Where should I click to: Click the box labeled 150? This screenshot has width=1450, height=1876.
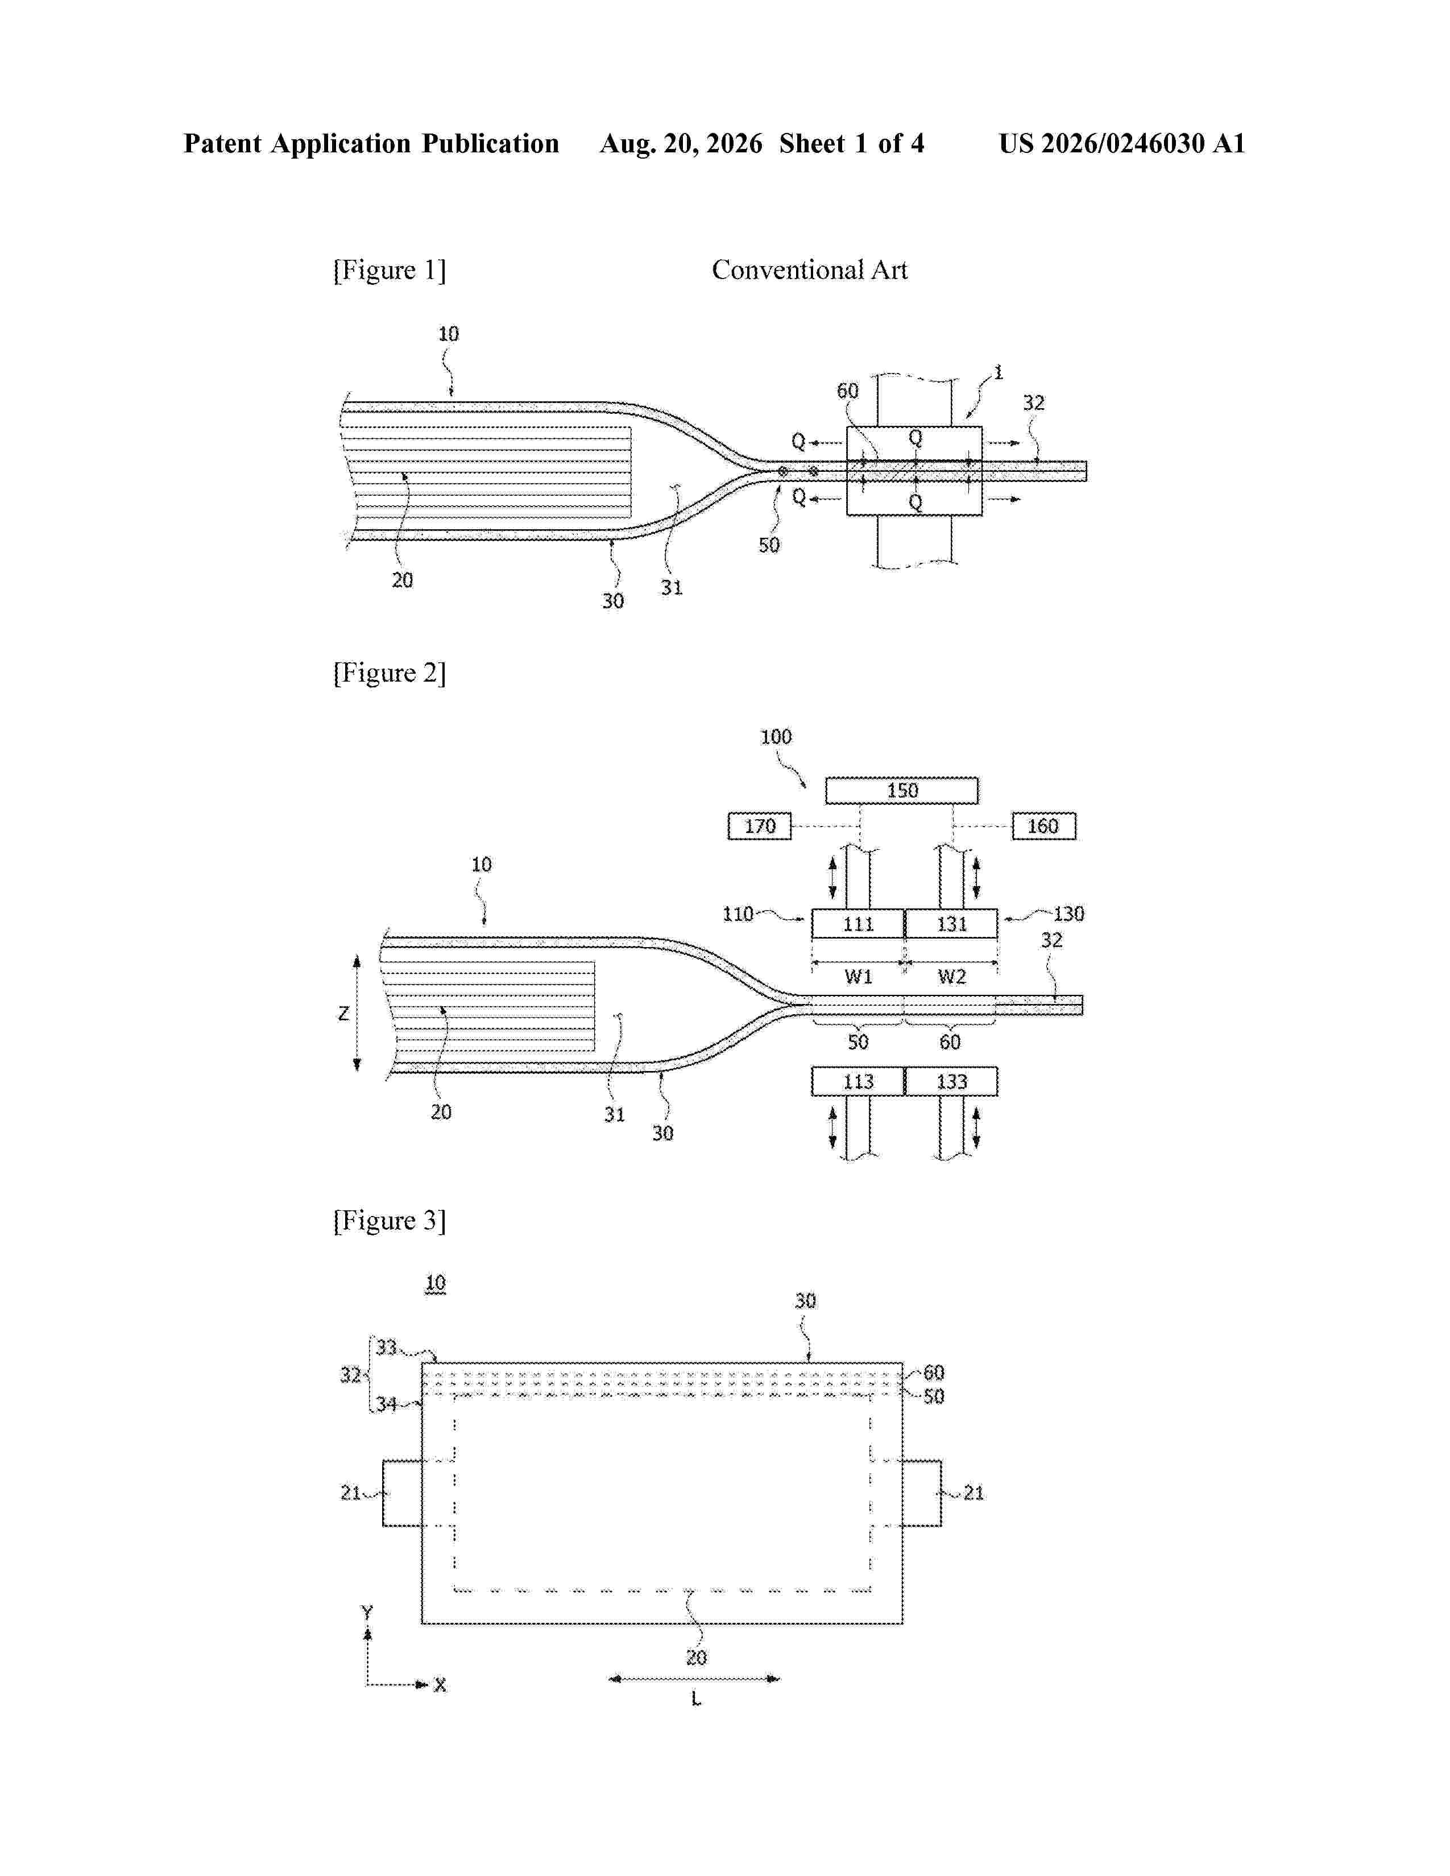pyautogui.click(x=901, y=790)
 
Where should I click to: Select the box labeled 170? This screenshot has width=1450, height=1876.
pyautogui.click(x=759, y=827)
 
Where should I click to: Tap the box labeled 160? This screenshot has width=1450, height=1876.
pyautogui.click(x=1043, y=827)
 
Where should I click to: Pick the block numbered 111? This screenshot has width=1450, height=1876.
pyautogui.click(x=858, y=924)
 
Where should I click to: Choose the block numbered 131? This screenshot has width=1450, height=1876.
pyautogui.click(x=952, y=924)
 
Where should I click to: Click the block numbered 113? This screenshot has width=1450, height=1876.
pyautogui.click(x=858, y=1081)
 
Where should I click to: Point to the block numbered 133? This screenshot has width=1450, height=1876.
pyautogui.click(x=952, y=1081)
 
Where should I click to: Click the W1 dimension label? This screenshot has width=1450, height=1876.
pyautogui.click(x=858, y=977)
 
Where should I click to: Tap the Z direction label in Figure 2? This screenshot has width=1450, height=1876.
pyautogui.click(x=343, y=1014)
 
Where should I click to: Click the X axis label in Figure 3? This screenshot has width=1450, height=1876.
pyautogui.click(x=440, y=1686)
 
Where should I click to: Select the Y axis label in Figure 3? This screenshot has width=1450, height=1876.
pyautogui.click(x=367, y=1612)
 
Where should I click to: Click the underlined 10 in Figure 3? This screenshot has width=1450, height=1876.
pyautogui.click(x=436, y=1283)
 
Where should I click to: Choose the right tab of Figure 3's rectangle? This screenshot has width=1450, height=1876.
pyautogui.click(x=922, y=1493)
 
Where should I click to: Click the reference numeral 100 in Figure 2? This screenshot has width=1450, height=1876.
pyautogui.click(x=776, y=737)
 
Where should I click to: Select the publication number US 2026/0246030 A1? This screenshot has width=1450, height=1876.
pyautogui.click(x=1122, y=143)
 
